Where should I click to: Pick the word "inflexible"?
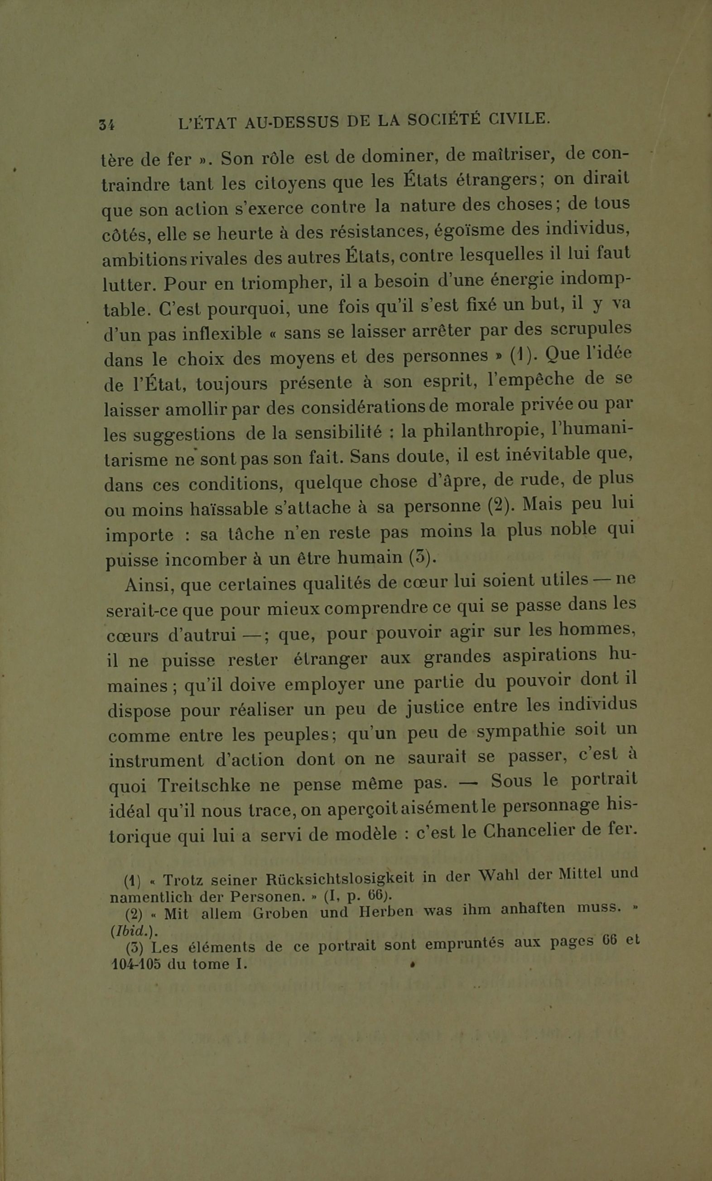click(222, 334)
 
